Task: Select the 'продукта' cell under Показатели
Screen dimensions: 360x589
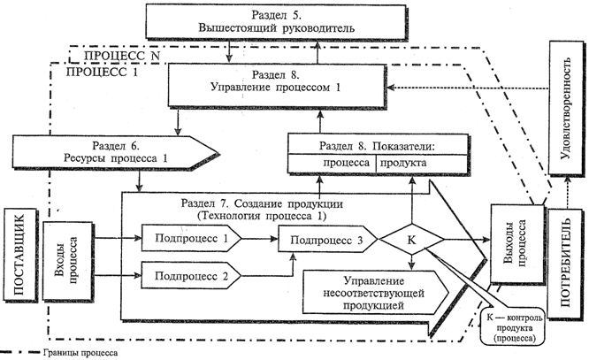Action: click(x=404, y=165)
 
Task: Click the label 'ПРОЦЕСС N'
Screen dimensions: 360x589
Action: click(x=119, y=55)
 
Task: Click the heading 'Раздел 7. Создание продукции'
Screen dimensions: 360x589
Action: click(x=265, y=204)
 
